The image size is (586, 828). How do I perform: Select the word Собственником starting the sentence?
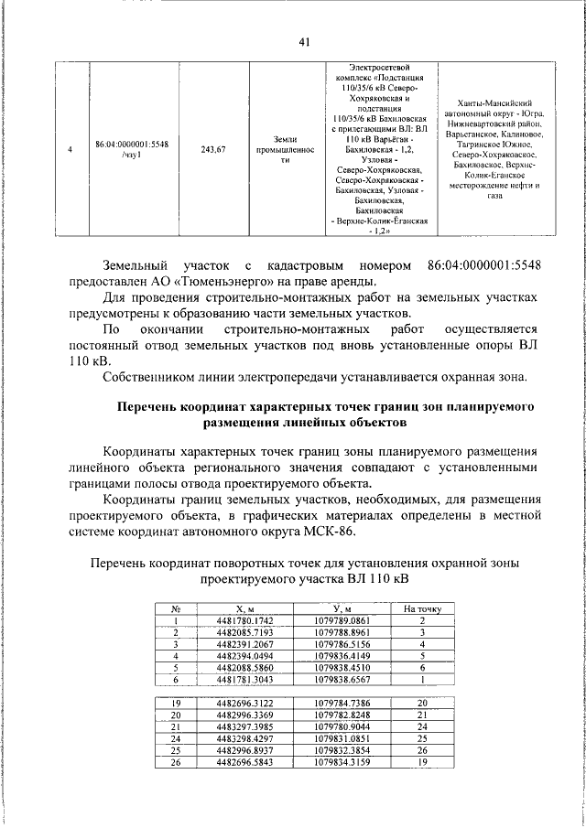(x=150, y=377)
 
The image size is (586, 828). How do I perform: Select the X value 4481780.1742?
(x=244, y=620)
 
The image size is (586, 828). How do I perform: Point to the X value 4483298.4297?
(x=244, y=738)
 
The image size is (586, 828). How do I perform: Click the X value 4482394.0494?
(x=244, y=656)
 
